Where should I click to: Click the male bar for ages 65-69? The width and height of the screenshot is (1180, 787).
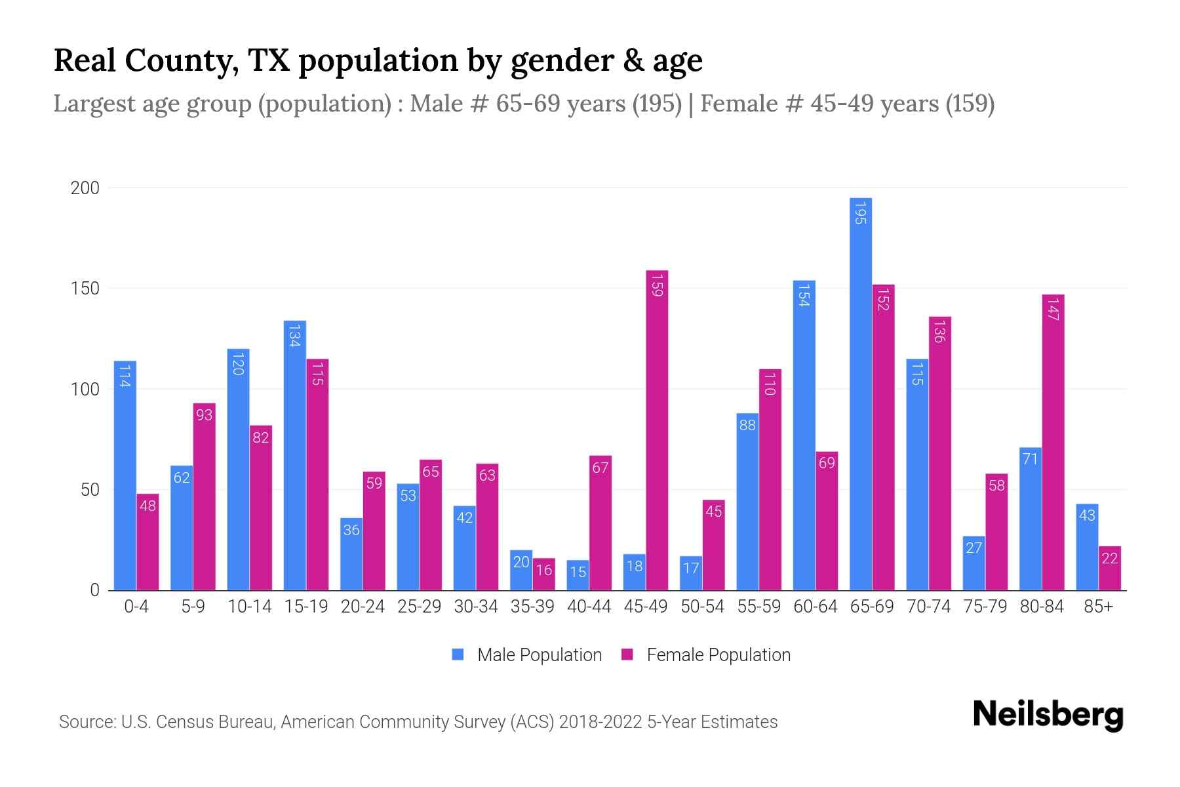coord(860,393)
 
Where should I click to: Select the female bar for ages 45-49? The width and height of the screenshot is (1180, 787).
coord(657,430)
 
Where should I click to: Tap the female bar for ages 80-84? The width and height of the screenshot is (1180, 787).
coord(1053,443)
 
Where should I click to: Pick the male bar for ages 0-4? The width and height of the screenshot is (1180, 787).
coord(125,475)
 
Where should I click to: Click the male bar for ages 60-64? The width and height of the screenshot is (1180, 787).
coord(804,436)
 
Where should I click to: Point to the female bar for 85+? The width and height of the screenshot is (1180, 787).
coord(1109,568)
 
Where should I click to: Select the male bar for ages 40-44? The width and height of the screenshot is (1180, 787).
coord(578,575)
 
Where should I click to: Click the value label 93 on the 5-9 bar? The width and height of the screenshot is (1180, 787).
coord(204,414)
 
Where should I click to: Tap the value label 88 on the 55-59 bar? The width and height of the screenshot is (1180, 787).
coord(747,425)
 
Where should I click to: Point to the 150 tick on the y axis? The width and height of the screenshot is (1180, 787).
coord(85,289)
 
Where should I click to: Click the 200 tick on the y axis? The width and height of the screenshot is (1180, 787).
coord(85,188)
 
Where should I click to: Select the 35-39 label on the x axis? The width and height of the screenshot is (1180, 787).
coord(532,607)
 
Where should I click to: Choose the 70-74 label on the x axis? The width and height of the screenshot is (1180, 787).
coord(928,607)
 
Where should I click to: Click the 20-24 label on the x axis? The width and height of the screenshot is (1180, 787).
coord(363,607)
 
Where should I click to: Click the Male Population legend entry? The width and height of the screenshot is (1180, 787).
coord(528,655)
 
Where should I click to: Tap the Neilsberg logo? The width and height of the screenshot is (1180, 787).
coord(1048,715)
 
